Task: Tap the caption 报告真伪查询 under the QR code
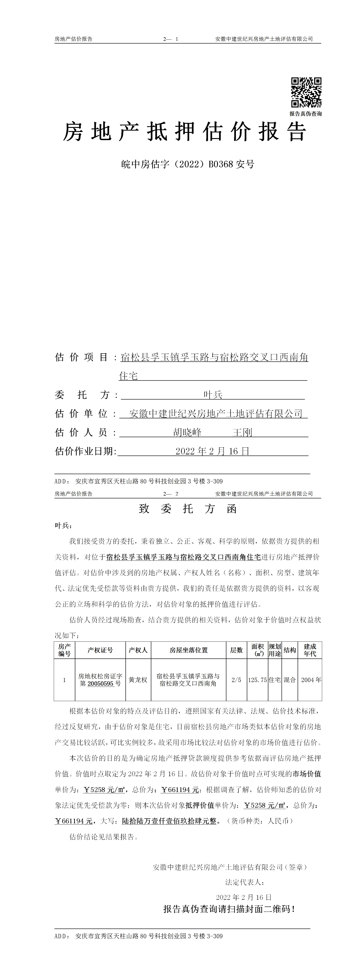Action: [x=306, y=114]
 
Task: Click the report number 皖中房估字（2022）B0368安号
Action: [x=188, y=164]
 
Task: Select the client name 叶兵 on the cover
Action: [x=213, y=395]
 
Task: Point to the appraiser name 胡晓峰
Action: [x=187, y=432]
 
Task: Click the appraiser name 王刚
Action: [x=242, y=432]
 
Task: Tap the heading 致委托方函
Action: [x=188, y=509]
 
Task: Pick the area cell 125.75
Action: [x=257, y=680]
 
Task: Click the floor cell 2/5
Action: [x=236, y=680]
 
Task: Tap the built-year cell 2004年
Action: [x=311, y=680]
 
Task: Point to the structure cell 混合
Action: [x=290, y=680]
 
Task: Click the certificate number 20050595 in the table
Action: [x=101, y=684]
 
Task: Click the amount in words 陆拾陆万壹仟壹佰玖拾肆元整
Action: [x=169, y=821]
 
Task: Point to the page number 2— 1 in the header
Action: [x=171, y=39]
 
